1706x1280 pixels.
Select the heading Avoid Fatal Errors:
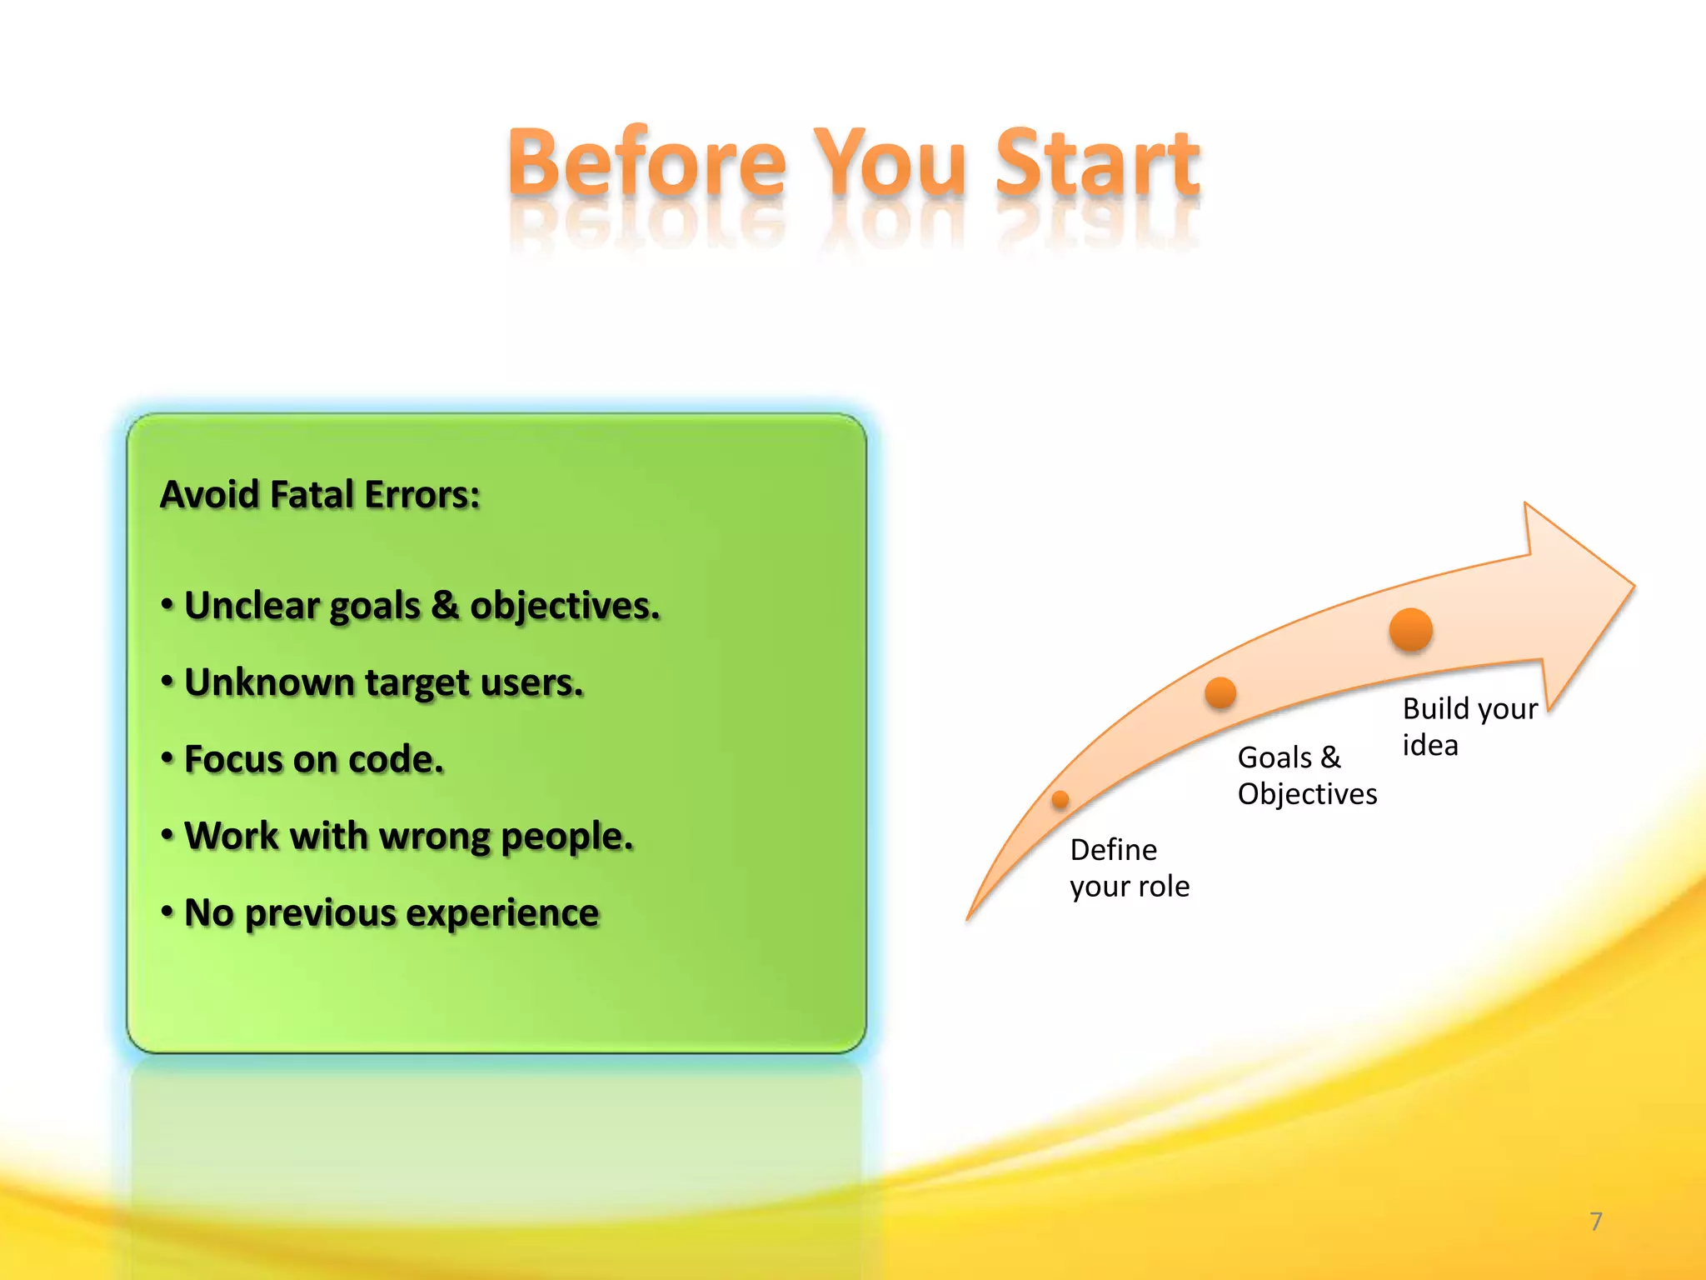coord(320,494)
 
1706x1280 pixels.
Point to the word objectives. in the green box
coord(565,607)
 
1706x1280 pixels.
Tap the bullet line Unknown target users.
coord(383,683)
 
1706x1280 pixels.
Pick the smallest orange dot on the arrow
coord(1060,800)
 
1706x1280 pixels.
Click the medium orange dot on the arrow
coord(1220,692)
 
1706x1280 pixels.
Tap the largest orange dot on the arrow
coord(1410,629)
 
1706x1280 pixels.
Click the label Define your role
coord(1129,868)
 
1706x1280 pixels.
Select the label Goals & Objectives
coord(1306,776)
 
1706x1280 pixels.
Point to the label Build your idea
coord(1469,726)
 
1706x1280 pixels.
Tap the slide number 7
coord(1595,1222)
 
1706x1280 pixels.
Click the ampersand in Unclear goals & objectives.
coord(445,606)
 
